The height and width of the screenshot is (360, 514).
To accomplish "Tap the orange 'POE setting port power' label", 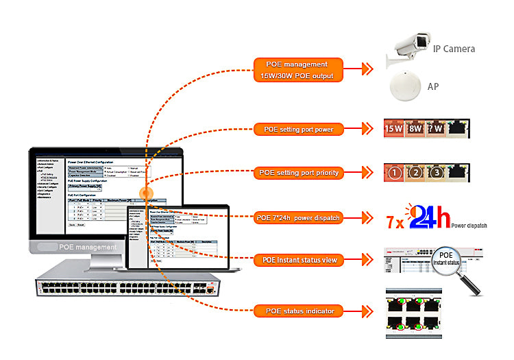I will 298,128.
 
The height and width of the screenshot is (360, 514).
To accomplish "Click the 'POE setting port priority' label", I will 298,173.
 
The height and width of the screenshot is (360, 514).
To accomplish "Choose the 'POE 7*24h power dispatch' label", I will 298,218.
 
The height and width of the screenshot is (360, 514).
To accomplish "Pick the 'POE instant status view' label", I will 298,260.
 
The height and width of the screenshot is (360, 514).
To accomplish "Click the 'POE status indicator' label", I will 298,311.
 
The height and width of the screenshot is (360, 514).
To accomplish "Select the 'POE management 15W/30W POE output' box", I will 298,69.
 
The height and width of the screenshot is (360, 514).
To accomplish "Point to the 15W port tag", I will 394,128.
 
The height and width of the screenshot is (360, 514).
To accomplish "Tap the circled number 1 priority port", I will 394,173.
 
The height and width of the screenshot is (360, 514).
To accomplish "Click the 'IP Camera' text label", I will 453,49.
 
